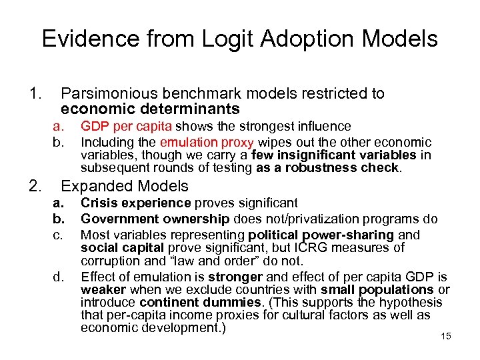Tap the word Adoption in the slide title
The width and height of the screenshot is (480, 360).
pos(291,39)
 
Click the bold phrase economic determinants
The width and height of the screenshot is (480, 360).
pos(150,109)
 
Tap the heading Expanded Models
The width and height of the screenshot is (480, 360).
pos(125,187)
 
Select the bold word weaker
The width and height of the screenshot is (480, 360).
pos(103,289)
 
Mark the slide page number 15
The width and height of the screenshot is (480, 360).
pos(446,336)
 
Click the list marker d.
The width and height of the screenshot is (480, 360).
pos(59,277)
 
